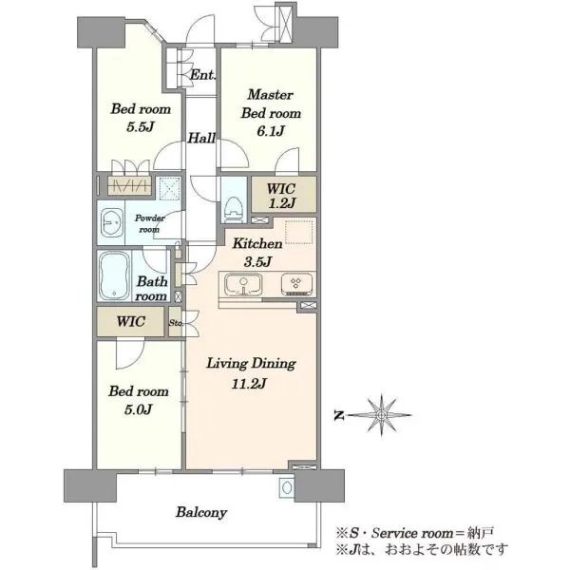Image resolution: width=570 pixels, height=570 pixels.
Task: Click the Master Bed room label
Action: (271, 104)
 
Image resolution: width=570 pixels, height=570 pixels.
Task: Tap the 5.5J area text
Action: (141, 127)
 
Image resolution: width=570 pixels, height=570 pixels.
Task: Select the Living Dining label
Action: (251, 364)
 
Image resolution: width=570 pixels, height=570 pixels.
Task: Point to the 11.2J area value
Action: (249, 384)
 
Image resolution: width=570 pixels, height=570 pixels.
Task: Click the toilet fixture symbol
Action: (234, 209)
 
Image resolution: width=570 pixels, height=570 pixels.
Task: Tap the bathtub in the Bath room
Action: (114, 275)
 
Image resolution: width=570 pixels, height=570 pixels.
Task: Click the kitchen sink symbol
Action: (243, 284)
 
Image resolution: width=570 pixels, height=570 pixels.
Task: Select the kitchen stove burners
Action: (296, 284)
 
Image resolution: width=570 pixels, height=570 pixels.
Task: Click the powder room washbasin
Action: (111, 223)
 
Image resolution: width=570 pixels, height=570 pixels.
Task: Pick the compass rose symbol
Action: (381, 415)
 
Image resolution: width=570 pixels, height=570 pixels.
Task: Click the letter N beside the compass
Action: (339, 415)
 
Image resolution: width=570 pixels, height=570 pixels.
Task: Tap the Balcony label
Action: (201, 512)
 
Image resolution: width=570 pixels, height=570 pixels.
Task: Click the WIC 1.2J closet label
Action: (281, 196)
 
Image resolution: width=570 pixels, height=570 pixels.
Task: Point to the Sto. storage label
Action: (176, 322)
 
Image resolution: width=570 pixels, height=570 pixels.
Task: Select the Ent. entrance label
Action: (203, 75)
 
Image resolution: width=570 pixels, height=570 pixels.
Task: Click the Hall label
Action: (201, 138)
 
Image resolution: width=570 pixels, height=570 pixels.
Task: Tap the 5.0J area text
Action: (138, 409)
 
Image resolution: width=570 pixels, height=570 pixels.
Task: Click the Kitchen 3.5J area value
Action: (257, 261)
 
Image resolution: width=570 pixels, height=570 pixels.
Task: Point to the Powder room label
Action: (149, 223)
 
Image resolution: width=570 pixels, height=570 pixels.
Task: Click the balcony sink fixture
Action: (287, 487)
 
